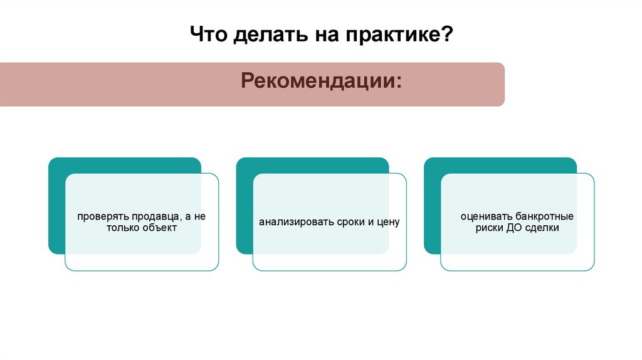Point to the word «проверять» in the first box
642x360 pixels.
[x=99, y=216]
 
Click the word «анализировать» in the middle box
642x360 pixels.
[x=290, y=222]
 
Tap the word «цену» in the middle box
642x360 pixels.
[x=388, y=222]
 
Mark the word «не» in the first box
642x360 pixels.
[x=200, y=216]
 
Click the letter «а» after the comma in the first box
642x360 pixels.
[x=187, y=216]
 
